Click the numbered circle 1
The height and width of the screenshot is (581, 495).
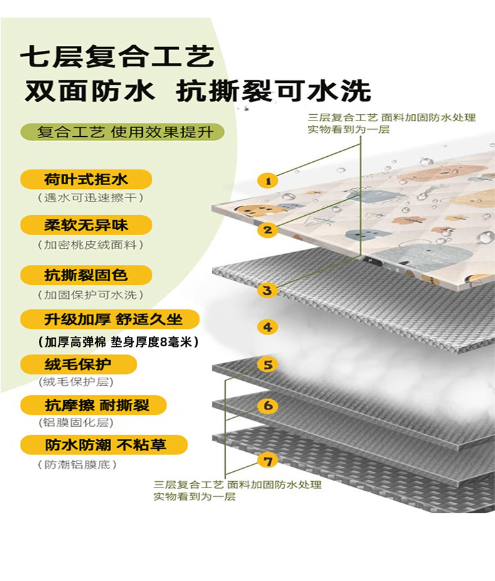(x=268, y=181)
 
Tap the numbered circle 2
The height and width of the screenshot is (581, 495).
(x=268, y=230)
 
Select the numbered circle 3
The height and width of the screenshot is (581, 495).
(x=268, y=290)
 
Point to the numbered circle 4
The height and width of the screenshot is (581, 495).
(x=268, y=327)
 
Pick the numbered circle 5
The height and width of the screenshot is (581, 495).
(x=268, y=364)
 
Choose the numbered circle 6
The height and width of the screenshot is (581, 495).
(x=268, y=405)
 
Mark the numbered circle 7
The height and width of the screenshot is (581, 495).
(x=268, y=461)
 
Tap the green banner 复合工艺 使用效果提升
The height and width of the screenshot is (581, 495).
(x=122, y=133)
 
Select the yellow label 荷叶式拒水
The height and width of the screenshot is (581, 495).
(x=86, y=179)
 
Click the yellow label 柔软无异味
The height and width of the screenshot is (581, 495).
(x=86, y=225)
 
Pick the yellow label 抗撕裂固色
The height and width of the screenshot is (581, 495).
(x=86, y=275)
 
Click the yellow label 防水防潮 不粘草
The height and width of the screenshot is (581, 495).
(x=104, y=445)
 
